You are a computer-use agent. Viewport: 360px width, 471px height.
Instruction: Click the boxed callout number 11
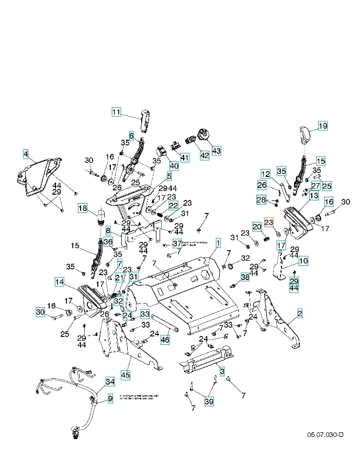pyautogui.click(x=116, y=111)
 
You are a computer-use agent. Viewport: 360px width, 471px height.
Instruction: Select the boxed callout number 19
pyautogui.click(x=323, y=126)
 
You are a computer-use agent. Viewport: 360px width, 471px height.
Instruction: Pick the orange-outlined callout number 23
pyautogui.click(x=268, y=222)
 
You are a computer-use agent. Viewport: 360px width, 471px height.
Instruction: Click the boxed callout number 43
pyautogui.click(x=216, y=150)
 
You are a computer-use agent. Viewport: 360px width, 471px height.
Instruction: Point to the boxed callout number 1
pyautogui.click(x=218, y=242)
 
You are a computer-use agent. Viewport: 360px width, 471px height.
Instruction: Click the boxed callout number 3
pyautogui.click(x=222, y=372)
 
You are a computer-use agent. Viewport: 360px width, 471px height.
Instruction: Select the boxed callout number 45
pyautogui.click(x=126, y=375)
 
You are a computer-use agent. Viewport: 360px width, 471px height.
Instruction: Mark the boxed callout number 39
pyautogui.click(x=209, y=401)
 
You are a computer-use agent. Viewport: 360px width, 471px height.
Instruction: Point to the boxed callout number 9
pyautogui.click(x=110, y=399)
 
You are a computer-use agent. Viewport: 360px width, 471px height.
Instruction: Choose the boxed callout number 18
pyautogui.click(x=83, y=208)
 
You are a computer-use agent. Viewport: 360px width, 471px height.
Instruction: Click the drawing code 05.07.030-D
pyautogui.click(x=325, y=435)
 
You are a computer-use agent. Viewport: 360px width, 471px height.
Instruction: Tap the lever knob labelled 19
pyautogui.click(x=305, y=136)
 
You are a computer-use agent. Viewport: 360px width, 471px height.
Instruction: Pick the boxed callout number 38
pyautogui.click(x=245, y=277)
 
